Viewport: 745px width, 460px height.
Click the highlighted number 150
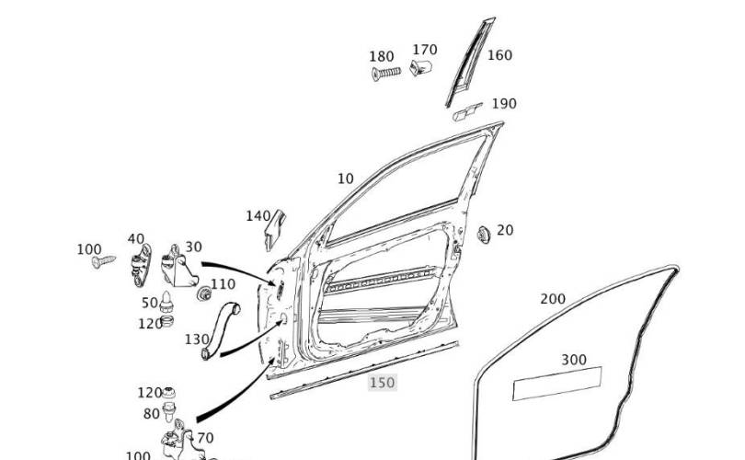(x=383, y=383)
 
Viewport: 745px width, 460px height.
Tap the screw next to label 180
(x=385, y=74)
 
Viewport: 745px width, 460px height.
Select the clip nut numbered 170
(x=420, y=67)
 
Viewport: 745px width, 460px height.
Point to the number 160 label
(x=499, y=55)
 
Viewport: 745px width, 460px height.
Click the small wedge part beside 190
(x=467, y=112)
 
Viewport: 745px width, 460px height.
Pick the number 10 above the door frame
(x=346, y=178)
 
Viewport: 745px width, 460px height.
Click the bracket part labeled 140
(x=275, y=229)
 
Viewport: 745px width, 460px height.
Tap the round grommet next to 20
(x=484, y=235)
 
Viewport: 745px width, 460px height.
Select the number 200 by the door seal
(x=553, y=299)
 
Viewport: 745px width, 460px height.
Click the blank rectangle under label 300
(x=556, y=383)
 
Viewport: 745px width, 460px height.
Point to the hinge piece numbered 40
(x=141, y=265)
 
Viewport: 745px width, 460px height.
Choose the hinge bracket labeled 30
(x=178, y=267)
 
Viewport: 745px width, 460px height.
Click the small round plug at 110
(x=204, y=293)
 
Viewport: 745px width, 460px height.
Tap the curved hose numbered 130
(x=220, y=329)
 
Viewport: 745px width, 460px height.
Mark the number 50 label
(x=150, y=303)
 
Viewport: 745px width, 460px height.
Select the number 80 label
(x=151, y=414)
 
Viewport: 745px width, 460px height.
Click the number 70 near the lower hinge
(x=205, y=438)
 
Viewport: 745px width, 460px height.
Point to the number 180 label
(x=382, y=56)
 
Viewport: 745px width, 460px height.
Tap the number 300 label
(x=574, y=360)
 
